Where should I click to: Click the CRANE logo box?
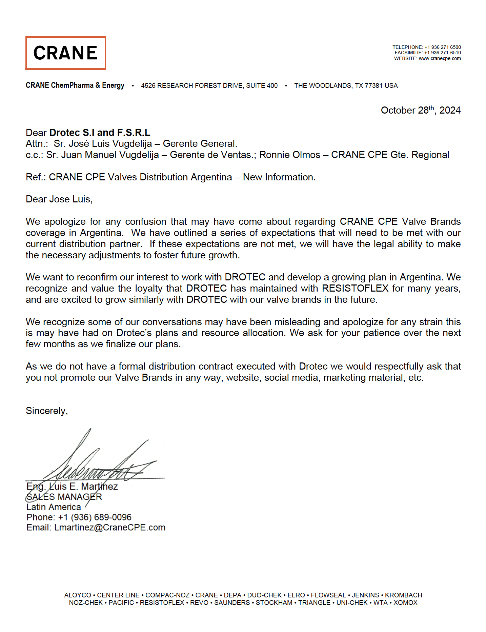(65, 53)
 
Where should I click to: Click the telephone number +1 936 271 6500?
(443, 47)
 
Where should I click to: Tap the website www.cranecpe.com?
(440, 58)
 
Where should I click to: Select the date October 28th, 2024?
(420, 110)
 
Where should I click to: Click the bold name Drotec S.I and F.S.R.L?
(100, 133)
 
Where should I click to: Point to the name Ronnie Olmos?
(289, 155)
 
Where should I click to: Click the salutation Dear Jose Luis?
(59, 199)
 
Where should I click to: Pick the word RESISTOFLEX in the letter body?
(355, 288)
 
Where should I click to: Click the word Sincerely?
(46, 411)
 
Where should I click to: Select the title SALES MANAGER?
(64, 497)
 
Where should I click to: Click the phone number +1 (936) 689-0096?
(95, 517)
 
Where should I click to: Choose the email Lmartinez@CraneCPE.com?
(110, 528)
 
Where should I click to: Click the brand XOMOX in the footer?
(405, 603)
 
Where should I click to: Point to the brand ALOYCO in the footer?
(78, 595)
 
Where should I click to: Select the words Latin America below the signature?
(54, 507)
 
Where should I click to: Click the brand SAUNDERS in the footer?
(232, 603)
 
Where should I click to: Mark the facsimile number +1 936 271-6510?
(443, 53)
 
